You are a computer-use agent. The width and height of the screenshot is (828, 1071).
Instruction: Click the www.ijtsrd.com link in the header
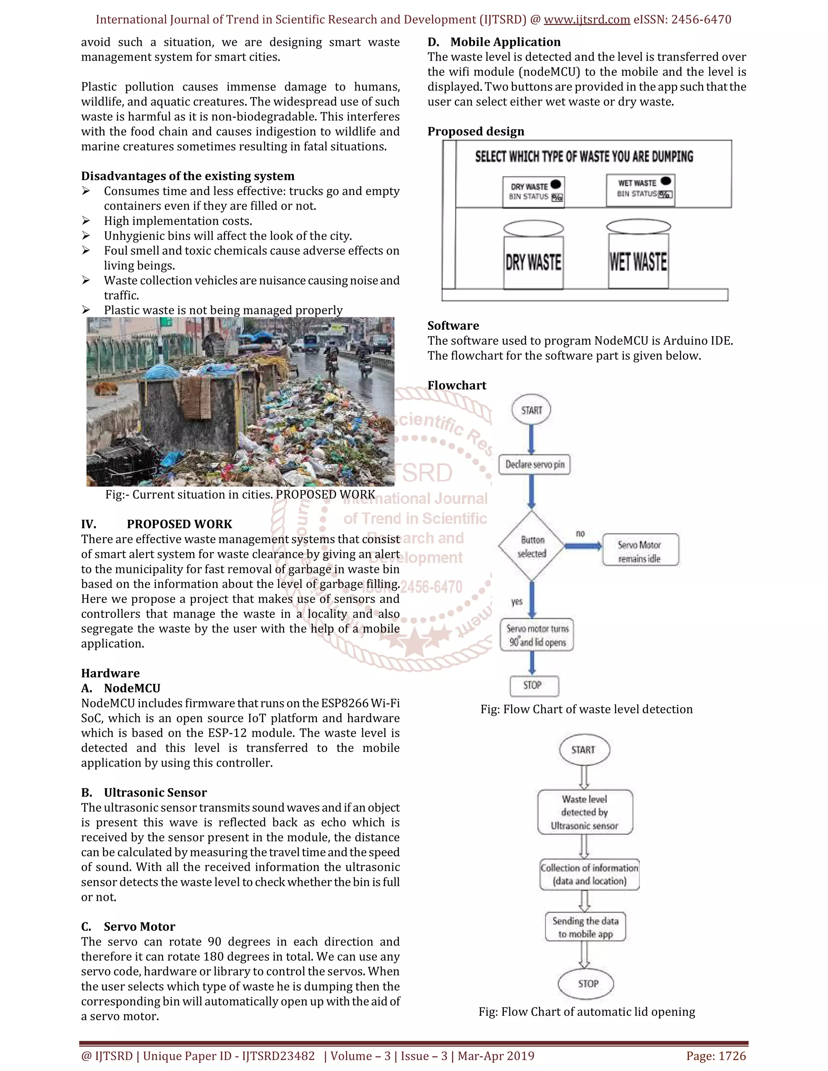[x=587, y=20]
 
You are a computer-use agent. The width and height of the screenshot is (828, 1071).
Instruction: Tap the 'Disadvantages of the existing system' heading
[x=188, y=176]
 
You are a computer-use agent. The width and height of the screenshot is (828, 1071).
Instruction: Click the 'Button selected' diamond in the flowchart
[x=532, y=546]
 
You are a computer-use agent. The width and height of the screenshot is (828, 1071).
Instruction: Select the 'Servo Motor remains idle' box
[x=640, y=551]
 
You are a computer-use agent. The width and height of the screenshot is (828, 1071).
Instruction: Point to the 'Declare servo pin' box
[x=534, y=464]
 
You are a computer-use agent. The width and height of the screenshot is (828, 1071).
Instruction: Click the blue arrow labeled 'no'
[x=583, y=546]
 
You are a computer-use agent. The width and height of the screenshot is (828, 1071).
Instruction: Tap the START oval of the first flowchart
[x=531, y=410]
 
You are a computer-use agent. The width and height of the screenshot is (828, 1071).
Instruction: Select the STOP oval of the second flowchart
[x=587, y=984]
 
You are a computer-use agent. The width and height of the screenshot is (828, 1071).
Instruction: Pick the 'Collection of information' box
[x=589, y=874]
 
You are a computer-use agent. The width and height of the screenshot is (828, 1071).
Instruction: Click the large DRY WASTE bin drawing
[x=533, y=261]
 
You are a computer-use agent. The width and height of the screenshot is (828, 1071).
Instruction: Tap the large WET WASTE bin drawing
[x=638, y=261]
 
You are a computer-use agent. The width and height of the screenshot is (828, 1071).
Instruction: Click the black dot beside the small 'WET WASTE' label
[x=665, y=181]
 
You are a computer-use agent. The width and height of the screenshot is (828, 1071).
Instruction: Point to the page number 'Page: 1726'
[x=716, y=1056]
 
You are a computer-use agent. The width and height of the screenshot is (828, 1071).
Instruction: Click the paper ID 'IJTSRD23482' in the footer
[x=278, y=1056]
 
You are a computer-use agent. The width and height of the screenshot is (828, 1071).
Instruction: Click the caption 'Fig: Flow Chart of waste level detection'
[x=586, y=709]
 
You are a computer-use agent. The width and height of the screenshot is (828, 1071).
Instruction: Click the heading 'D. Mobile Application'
[x=494, y=42]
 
